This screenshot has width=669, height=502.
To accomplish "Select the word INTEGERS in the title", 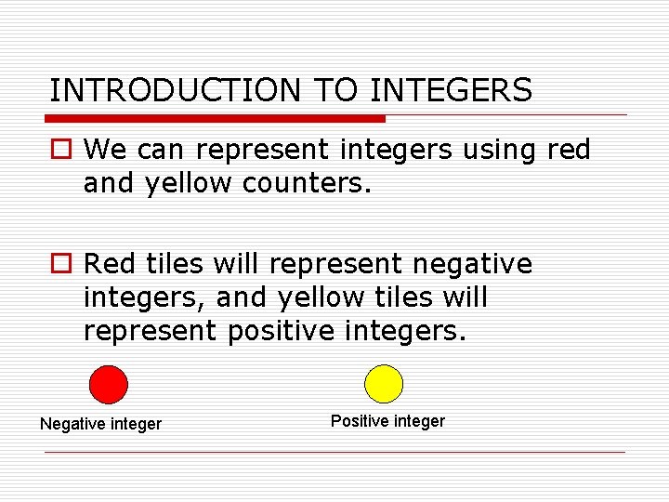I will [452, 90].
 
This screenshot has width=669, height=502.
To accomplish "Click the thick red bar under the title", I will [216, 119].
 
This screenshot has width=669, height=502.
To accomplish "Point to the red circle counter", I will [108, 384].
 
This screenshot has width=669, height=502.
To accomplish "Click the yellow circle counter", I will [384, 383].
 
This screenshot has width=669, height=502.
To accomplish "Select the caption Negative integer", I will [100, 424].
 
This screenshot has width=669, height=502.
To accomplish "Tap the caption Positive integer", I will [387, 421].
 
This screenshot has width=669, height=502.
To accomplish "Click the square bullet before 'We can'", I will [60, 150].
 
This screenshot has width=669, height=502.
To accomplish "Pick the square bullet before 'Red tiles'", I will [60, 265].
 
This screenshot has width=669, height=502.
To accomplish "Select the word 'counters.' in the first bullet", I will [307, 183].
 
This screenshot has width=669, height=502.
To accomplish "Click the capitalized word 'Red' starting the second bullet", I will [110, 265].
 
